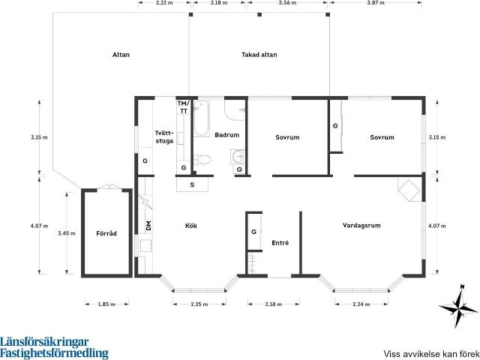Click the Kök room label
pyautogui.click(x=191, y=226)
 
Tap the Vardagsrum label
pyautogui.click(x=361, y=226)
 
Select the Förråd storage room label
pyautogui.click(x=106, y=233)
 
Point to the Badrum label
pyautogui.click(x=226, y=135)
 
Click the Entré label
pyautogui.click(x=280, y=243)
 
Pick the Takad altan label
pyautogui.click(x=259, y=55)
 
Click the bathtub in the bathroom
pyautogui.click(x=202, y=118)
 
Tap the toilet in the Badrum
pyautogui.click(x=202, y=160)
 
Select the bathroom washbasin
pyautogui.click(x=238, y=157)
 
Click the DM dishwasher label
pyautogui.click(x=148, y=226)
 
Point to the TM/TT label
pyautogui.click(x=184, y=107)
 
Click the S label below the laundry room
pyautogui.click(x=192, y=185)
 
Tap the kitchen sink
pyautogui.click(x=145, y=245)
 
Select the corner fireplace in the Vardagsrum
pyautogui.click(x=409, y=190)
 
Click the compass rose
pyautogui.click(x=459, y=307)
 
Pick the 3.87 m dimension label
pyautogui.click(x=376, y=3)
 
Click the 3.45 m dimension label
pyautogui.click(x=67, y=233)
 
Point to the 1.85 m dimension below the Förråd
pyautogui.click(x=106, y=304)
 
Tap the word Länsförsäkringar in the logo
pyautogui.click(x=44, y=341)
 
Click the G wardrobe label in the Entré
pyautogui.click(x=253, y=232)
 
